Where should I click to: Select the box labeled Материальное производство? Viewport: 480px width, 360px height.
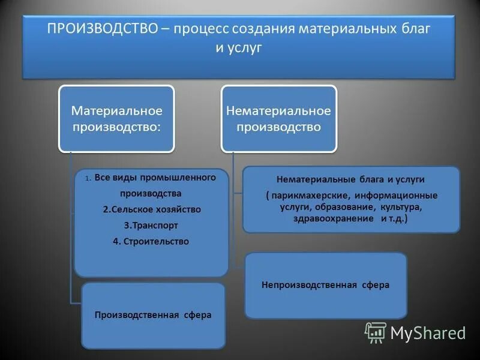pyautogui.click(x=116, y=118)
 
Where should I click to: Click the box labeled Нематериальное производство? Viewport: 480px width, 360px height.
pyautogui.click(x=278, y=118)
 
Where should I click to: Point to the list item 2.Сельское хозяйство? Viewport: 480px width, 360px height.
pyautogui.click(x=151, y=209)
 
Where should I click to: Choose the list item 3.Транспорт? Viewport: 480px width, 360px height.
pyautogui.click(x=151, y=226)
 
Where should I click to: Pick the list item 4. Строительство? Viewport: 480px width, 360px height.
pyautogui.click(x=151, y=241)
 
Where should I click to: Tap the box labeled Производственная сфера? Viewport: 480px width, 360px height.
pyautogui.click(x=153, y=315)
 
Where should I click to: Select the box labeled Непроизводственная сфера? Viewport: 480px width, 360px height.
pyautogui.click(x=325, y=285)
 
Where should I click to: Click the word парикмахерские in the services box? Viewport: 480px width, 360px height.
pyautogui.click(x=309, y=196)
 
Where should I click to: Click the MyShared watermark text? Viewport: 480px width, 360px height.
pyautogui.click(x=428, y=332)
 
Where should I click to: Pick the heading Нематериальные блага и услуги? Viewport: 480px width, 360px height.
pyautogui.click(x=350, y=179)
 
